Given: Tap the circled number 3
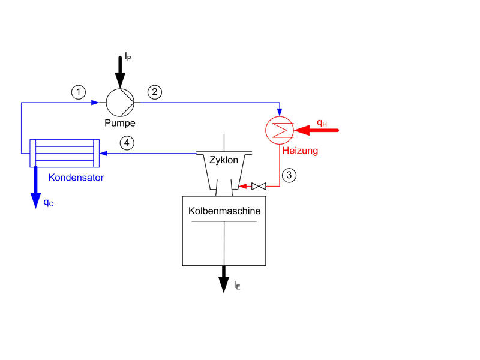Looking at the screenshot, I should click(x=289, y=176).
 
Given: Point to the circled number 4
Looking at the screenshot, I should click(x=125, y=143).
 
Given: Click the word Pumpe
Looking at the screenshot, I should click(x=120, y=123).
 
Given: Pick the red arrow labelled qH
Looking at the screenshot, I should click(x=318, y=130).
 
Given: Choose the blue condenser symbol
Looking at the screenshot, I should click(x=65, y=153).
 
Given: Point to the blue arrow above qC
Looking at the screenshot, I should click(x=35, y=189).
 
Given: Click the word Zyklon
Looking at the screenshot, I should click(x=224, y=161).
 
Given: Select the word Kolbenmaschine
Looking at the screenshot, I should click(x=224, y=212).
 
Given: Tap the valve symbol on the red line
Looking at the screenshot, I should click(x=259, y=187).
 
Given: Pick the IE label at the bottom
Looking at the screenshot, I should click(x=238, y=286).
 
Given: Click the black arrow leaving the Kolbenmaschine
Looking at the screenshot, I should click(x=224, y=278).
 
